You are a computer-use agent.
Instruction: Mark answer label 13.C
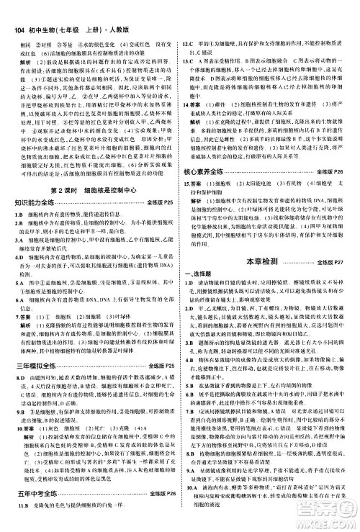[191, 41]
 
